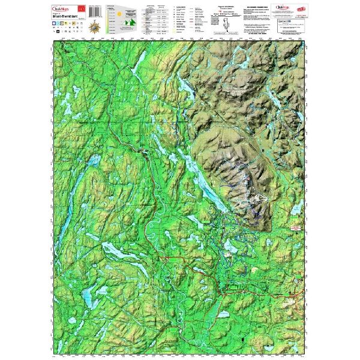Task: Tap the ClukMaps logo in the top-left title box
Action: click(x=61, y=8)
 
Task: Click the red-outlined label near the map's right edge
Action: click(x=294, y=229)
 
